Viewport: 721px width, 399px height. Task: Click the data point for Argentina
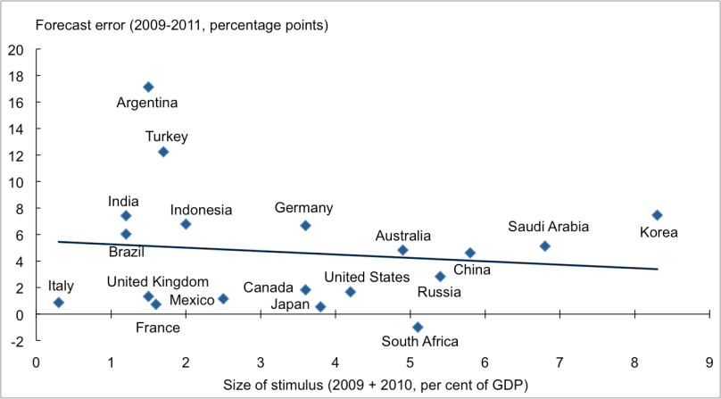point(148,87)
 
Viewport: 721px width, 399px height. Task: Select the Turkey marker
point(163,152)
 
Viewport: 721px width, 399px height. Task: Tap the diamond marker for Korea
point(657,215)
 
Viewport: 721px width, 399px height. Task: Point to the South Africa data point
point(418,327)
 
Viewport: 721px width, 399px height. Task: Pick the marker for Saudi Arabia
point(545,245)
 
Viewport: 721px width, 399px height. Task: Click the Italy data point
point(59,303)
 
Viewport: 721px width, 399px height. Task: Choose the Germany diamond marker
point(305,226)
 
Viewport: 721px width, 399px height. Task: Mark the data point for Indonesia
point(186,224)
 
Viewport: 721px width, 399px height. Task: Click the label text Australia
point(402,236)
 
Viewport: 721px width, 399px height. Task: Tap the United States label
point(367,277)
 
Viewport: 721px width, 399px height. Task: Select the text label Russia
point(439,291)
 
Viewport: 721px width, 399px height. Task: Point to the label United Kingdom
point(158,282)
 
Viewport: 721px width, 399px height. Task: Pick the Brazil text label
point(127,252)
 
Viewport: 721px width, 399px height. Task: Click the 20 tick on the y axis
point(17,49)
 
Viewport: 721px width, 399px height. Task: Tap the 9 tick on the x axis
point(709,362)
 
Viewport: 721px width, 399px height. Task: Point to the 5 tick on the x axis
point(410,362)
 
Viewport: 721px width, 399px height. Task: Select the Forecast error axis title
point(181,24)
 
